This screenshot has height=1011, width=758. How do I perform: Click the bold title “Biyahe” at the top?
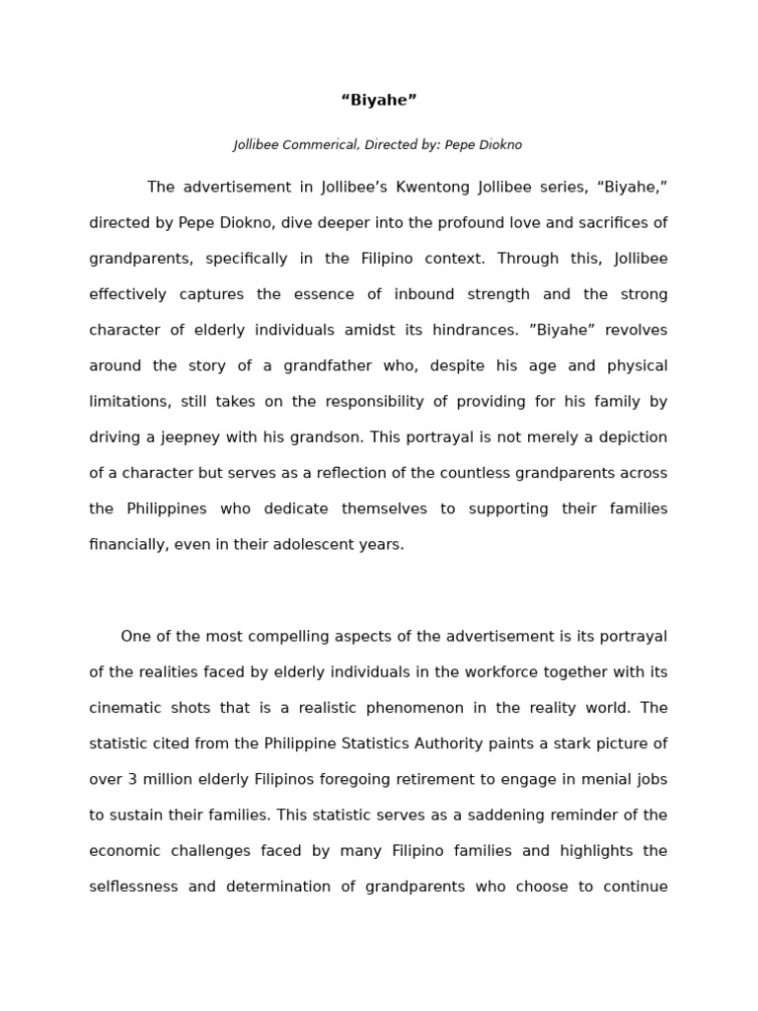[x=379, y=100]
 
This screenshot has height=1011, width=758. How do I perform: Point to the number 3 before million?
[x=132, y=779]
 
